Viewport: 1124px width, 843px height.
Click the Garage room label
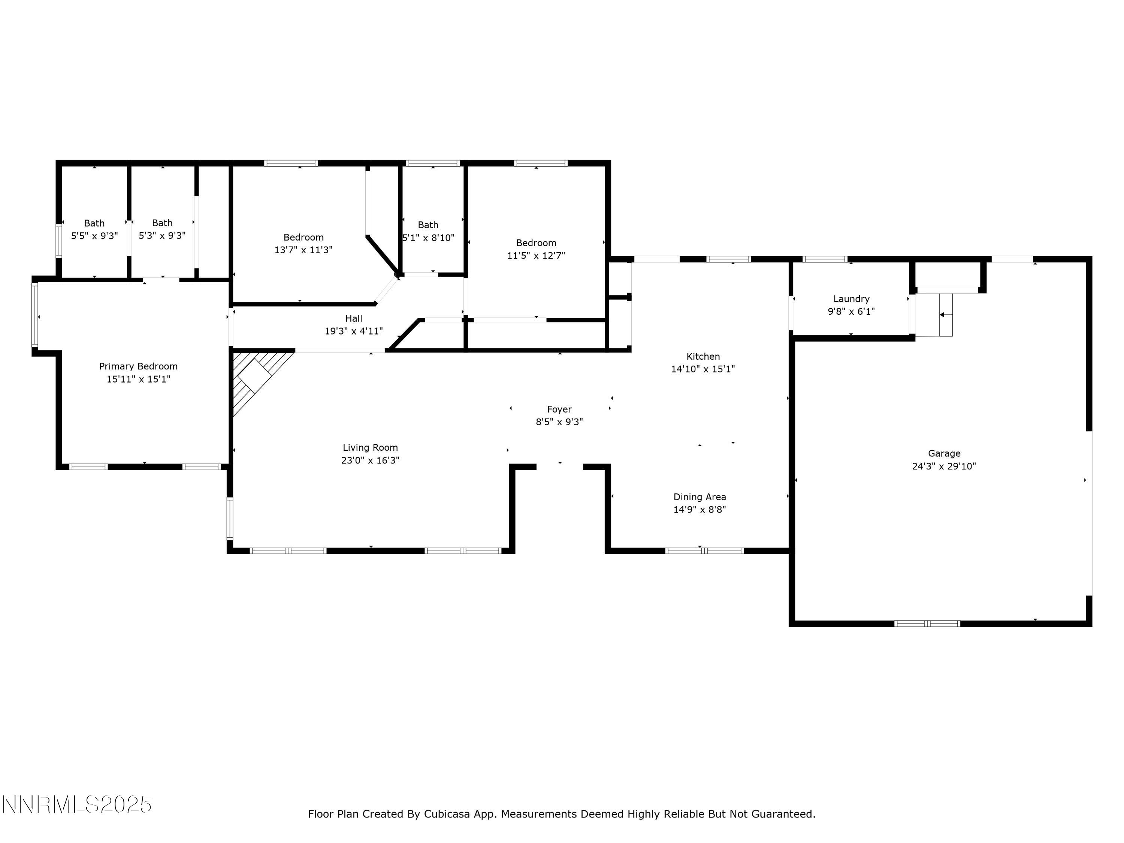pyautogui.click(x=944, y=453)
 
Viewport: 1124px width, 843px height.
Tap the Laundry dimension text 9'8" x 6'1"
pyautogui.click(x=851, y=311)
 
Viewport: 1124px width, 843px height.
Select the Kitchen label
pyautogui.click(x=703, y=356)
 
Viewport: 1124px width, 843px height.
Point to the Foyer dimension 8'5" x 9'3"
pyautogui.click(x=559, y=422)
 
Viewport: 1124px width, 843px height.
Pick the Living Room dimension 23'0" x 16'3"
pyautogui.click(x=370, y=460)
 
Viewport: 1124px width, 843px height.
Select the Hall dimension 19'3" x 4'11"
pyautogui.click(x=354, y=331)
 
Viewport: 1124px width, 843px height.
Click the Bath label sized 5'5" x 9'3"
pyautogui.click(x=94, y=223)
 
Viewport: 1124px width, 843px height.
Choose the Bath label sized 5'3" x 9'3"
pyautogui.click(x=162, y=223)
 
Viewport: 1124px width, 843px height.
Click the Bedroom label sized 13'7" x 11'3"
pyautogui.click(x=303, y=237)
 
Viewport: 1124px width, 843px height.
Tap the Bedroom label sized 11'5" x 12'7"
pyautogui.click(x=536, y=243)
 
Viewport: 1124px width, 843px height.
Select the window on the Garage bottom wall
pyautogui.click(x=927, y=623)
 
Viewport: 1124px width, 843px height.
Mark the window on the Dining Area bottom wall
pyautogui.click(x=704, y=550)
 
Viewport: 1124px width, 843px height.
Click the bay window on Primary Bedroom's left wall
pyautogui.click(x=35, y=315)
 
